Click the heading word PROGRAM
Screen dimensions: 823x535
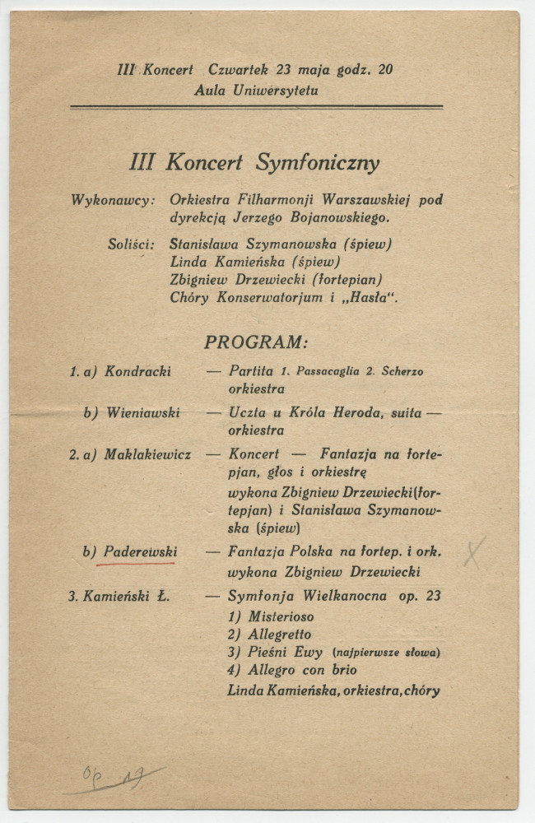point(256,342)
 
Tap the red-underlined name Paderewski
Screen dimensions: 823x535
point(140,551)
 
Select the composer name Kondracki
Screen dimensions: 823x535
point(137,371)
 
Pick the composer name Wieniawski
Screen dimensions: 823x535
point(142,412)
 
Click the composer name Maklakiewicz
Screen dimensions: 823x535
point(147,453)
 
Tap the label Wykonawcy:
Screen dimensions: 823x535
point(113,200)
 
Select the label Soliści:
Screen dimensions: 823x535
point(131,244)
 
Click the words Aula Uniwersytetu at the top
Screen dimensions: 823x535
point(256,91)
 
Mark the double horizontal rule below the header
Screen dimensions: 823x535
point(256,107)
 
